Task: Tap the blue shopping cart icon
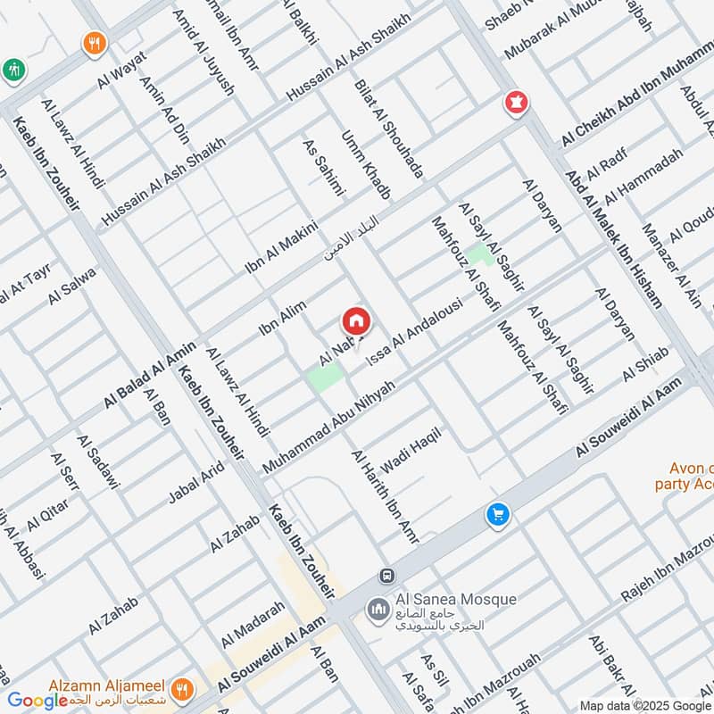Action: point(497,515)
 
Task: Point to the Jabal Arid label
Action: point(197,483)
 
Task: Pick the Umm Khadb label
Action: point(367,165)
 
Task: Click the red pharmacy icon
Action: point(514,103)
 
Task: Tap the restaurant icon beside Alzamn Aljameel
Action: point(182,688)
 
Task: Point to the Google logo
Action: point(37,702)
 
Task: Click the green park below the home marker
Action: point(325,377)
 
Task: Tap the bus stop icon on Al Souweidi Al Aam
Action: point(386,577)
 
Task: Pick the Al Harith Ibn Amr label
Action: point(385,496)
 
